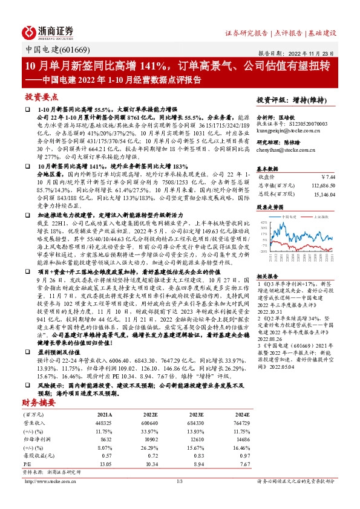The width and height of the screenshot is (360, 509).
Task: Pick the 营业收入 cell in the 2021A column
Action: [102, 423]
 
